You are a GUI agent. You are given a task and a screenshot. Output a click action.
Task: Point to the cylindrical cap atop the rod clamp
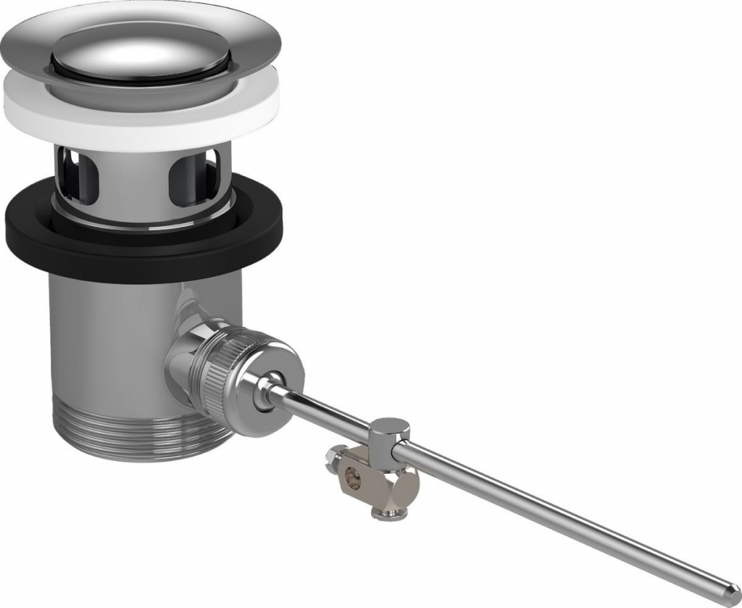point(391,430)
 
